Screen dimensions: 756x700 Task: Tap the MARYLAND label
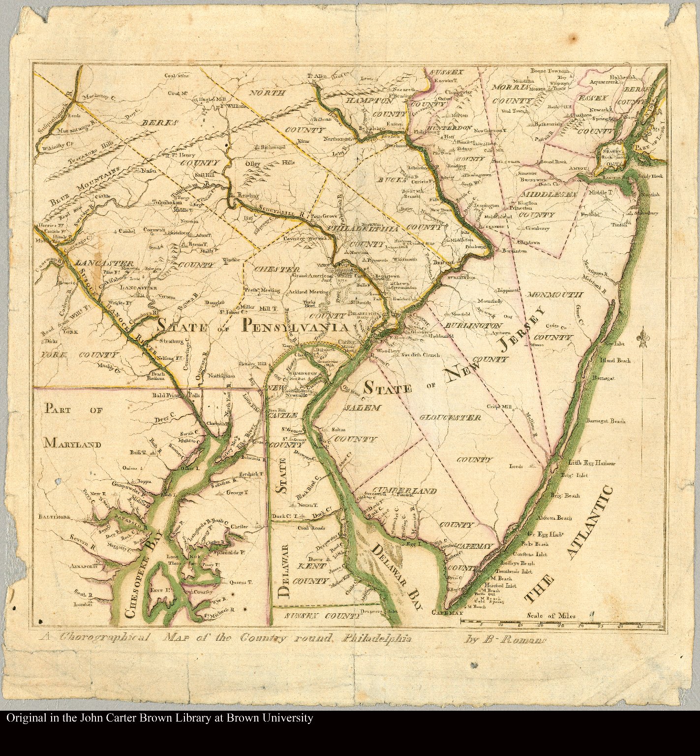[72, 444]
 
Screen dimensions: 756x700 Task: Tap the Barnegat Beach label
[605, 421]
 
